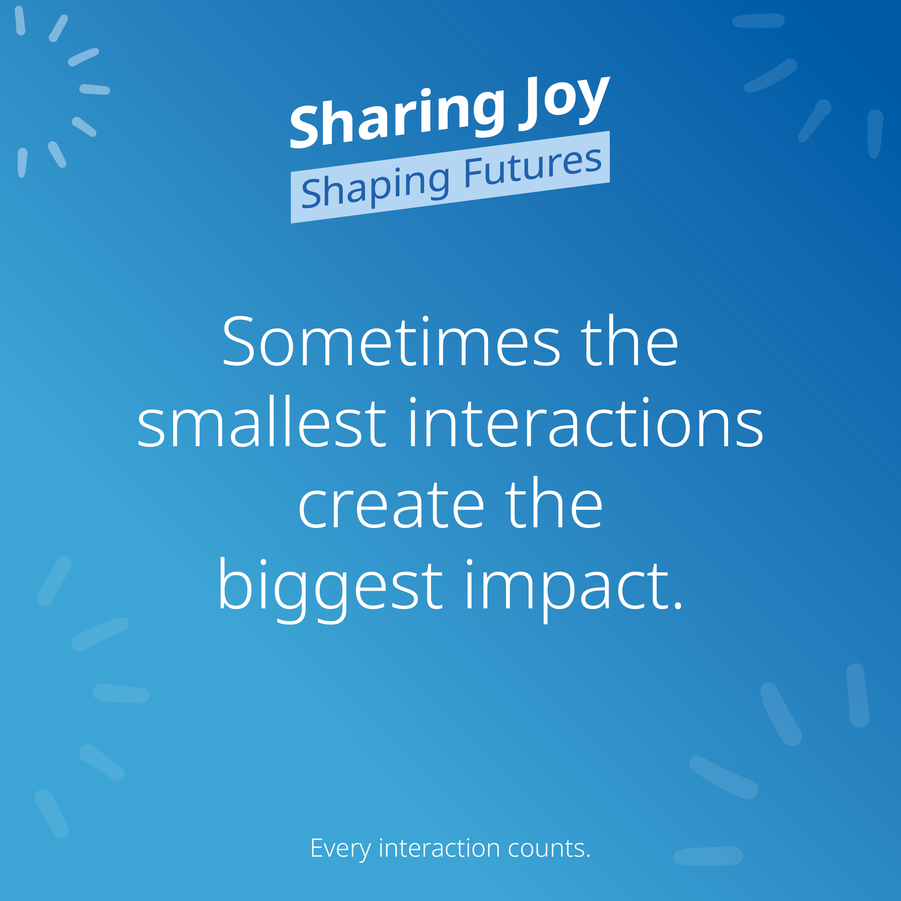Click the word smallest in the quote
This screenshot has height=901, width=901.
pyautogui.click(x=262, y=422)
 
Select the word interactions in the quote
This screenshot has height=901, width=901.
pyautogui.click(x=586, y=422)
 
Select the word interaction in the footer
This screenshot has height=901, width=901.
pyautogui.click(x=439, y=848)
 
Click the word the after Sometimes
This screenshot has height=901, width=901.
pyautogui.click(x=630, y=340)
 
